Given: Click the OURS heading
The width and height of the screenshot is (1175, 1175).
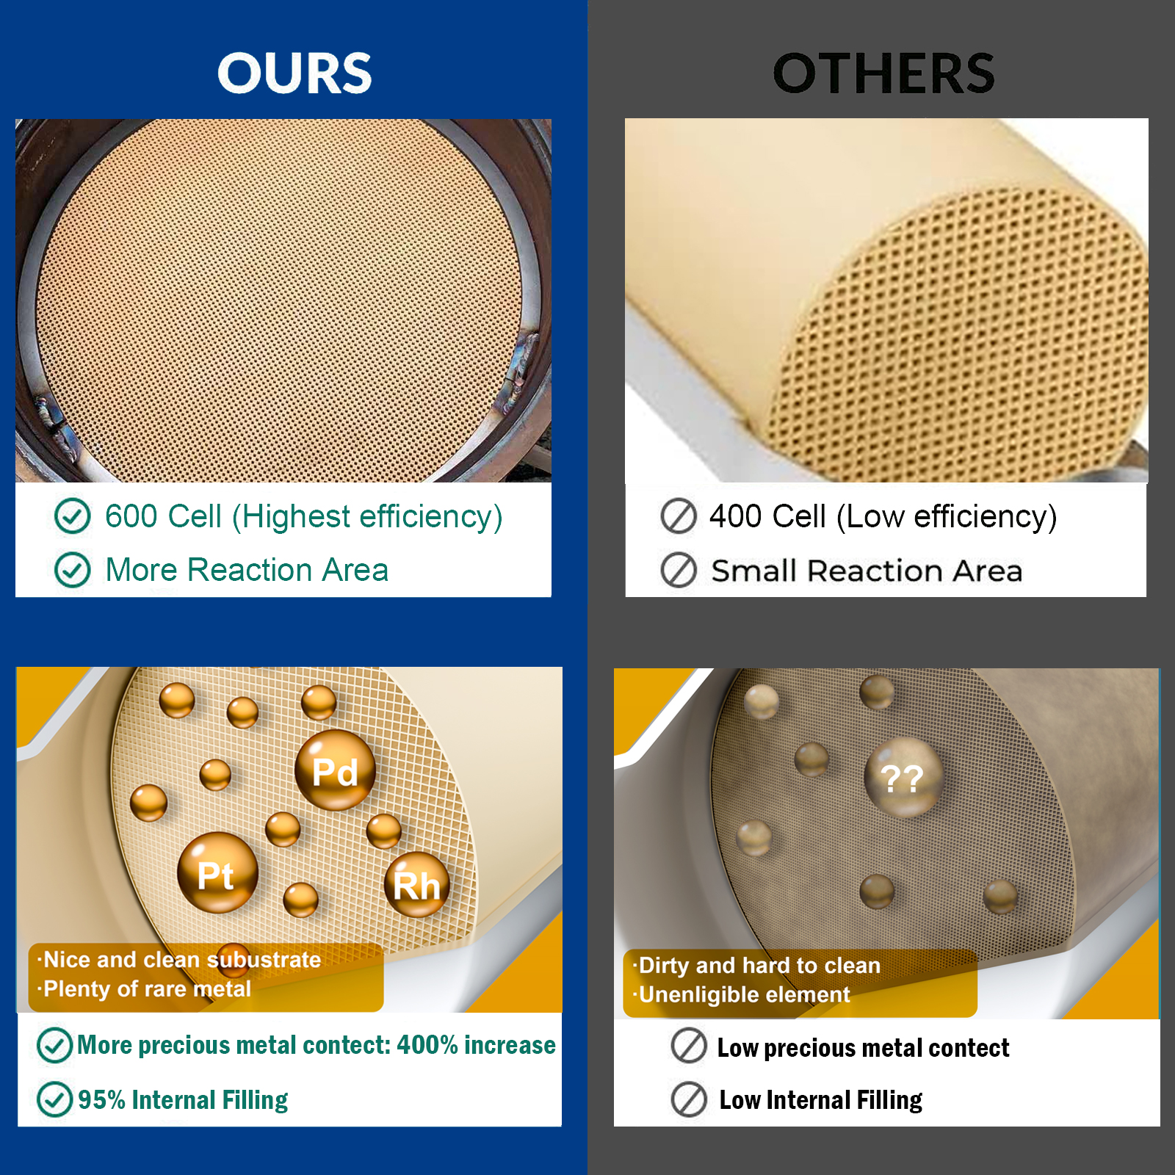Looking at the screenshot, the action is click(294, 73).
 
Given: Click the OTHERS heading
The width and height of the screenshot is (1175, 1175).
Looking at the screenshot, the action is click(883, 73).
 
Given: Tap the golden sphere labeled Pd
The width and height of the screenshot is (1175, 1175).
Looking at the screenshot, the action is click(335, 770).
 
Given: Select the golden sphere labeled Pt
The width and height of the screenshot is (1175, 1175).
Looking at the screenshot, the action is click(217, 872).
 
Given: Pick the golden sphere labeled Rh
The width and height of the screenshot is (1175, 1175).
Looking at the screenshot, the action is click(416, 884).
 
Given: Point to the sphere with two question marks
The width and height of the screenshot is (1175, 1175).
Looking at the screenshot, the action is click(903, 778).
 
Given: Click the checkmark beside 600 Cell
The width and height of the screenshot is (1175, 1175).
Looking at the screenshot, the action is click(73, 516).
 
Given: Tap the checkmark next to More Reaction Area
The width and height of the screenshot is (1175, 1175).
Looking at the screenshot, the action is click(73, 570).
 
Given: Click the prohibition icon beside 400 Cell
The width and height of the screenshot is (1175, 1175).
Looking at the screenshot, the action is click(679, 516).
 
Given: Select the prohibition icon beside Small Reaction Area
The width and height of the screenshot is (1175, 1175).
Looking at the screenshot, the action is click(679, 570).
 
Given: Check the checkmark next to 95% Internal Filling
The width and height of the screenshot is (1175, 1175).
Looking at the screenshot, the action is click(55, 1099).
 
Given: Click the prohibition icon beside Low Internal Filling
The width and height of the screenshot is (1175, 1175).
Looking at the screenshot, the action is click(689, 1099).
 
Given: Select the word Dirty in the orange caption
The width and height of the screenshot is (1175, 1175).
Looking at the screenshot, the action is click(665, 965).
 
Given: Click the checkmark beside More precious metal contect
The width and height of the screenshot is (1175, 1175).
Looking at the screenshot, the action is click(55, 1045).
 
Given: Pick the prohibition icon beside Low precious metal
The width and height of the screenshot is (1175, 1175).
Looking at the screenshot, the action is click(689, 1046).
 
